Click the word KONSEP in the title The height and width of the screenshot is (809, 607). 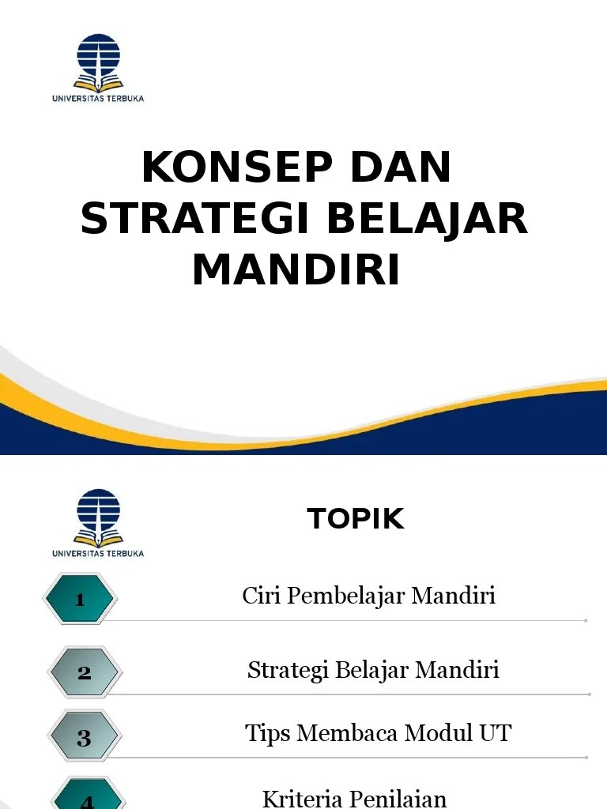point(237,167)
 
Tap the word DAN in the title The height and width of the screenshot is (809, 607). point(401,167)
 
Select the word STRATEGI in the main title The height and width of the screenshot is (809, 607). point(195,218)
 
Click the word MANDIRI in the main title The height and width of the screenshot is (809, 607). point(296,269)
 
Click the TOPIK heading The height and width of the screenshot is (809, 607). point(356,518)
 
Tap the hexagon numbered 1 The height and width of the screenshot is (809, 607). point(80,599)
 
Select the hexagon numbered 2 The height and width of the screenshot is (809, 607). point(85,672)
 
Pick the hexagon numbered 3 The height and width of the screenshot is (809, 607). point(84,736)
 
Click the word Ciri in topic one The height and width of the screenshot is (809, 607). point(261,595)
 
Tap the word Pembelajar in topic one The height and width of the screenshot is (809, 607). point(346,595)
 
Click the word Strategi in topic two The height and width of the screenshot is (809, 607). point(288,670)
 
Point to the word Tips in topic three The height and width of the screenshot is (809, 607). point(267,734)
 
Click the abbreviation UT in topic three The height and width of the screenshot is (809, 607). point(495,733)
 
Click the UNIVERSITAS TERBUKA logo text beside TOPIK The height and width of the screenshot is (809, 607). point(98,553)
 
